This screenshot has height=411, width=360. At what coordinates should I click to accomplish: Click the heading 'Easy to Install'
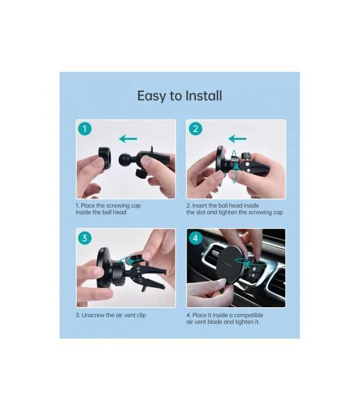click(179, 96)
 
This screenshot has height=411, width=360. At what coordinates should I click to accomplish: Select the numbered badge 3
click(85, 238)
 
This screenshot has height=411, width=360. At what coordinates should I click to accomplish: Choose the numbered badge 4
click(195, 238)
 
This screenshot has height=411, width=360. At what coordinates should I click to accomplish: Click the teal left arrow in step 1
click(129, 138)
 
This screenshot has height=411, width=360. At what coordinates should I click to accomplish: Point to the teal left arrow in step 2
click(238, 138)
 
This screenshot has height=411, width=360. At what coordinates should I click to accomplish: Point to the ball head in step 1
click(127, 159)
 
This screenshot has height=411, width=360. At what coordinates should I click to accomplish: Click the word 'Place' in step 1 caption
click(90, 206)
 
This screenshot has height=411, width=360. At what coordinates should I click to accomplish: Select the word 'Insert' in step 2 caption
click(202, 206)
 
